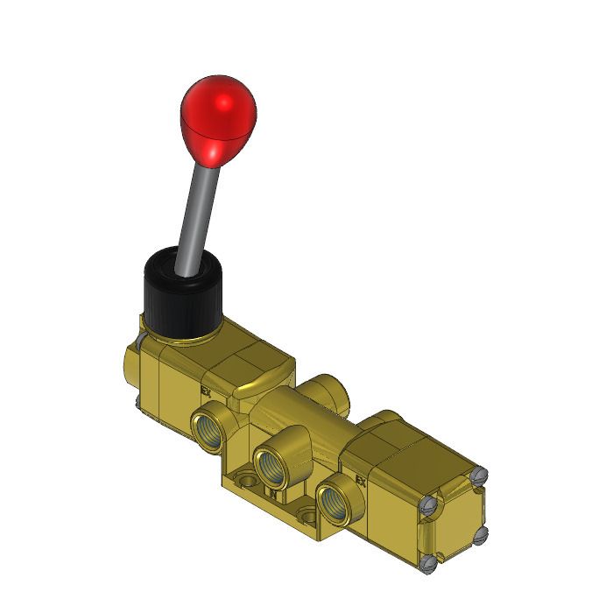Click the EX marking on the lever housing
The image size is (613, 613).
click(x=207, y=391)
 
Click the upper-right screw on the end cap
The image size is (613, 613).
click(x=477, y=476)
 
